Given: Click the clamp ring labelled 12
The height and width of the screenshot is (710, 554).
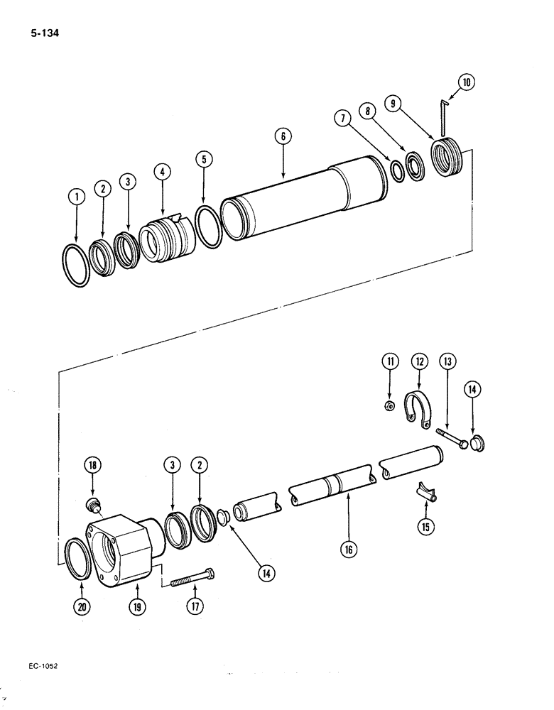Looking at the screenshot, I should point(418,410).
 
